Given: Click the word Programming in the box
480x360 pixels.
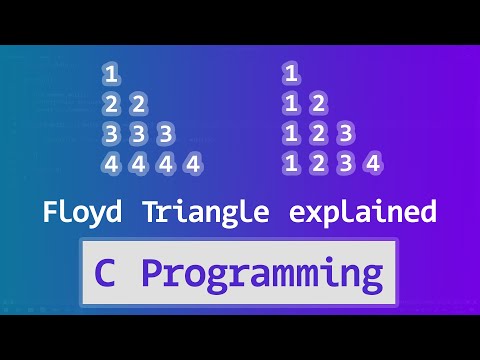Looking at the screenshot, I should click(x=261, y=273).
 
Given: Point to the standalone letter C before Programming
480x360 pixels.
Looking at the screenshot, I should click(x=106, y=273).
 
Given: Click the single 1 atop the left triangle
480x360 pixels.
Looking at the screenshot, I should click(x=110, y=73).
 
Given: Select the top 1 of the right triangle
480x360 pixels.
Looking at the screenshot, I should click(x=290, y=73).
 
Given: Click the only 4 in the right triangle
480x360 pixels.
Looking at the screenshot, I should click(x=372, y=163).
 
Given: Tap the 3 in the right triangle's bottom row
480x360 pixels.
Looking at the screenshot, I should click(x=344, y=163).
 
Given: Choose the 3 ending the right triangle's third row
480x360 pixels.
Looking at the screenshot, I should click(x=344, y=133).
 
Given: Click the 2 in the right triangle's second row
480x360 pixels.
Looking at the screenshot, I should click(x=317, y=103).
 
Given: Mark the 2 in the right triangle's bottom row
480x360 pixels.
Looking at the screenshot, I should click(x=317, y=163).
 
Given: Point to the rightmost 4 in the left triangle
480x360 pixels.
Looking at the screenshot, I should click(x=193, y=163).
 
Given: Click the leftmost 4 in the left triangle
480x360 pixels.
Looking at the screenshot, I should click(x=110, y=163).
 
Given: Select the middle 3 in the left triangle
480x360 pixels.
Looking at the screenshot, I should click(x=138, y=133).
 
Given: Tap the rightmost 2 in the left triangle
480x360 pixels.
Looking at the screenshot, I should click(x=138, y=103).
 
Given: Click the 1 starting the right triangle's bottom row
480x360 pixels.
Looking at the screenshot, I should click(x=290, y=163).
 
